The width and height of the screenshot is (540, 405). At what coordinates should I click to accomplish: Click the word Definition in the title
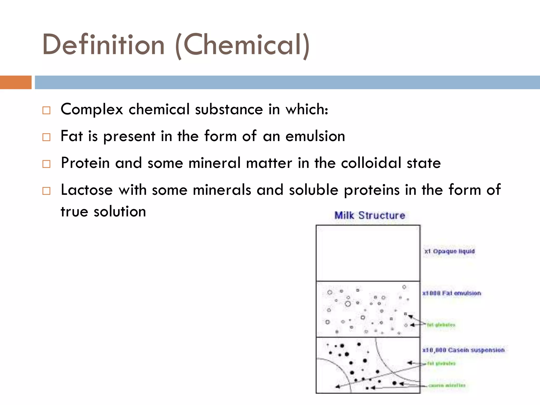tap(103, 45)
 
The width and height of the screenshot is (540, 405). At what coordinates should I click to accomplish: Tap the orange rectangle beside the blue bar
tap(16, 82)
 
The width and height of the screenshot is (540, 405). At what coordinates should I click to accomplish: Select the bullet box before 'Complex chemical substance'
tap(46, 110)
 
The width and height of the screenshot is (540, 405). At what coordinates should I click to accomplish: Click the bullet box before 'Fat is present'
tap(46, 137)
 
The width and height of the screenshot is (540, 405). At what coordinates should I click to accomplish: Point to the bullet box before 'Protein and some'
tap(46, 164)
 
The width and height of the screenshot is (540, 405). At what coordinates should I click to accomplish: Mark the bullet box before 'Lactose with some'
tap(46, 191)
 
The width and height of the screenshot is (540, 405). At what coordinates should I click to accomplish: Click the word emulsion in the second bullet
tap(315, 136)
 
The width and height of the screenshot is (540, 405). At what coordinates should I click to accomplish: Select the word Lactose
tap(87, 190)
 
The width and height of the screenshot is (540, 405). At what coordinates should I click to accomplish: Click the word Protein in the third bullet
tap(85, 163)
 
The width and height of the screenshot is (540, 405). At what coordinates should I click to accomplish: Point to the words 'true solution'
tap(103, 211)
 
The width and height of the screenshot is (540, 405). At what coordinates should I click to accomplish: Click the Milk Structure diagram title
tap(370, 215)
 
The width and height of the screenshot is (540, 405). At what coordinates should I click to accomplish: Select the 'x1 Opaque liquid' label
tap(450, 251)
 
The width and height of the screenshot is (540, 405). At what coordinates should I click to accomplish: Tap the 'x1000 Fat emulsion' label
tap(452, 293)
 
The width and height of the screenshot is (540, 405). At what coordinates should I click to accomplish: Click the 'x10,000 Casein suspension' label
tap(463, 350)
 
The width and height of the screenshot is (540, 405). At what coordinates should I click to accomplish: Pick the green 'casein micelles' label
tap(447, 385)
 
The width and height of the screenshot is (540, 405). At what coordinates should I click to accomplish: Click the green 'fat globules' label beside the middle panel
tap(441, 325)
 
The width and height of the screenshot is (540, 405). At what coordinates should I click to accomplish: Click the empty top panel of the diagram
tap(368, 253)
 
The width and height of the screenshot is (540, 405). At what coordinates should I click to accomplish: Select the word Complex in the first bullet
tap(92, 109)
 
